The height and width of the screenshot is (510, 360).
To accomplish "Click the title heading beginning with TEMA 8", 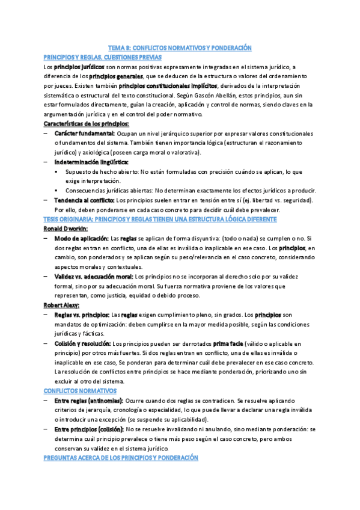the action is (x=179, y=48).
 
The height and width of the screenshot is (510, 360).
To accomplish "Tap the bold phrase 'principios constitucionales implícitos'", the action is (x=170, y=86).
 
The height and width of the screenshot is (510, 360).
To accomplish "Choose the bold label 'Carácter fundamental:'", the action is (x=84, y=133).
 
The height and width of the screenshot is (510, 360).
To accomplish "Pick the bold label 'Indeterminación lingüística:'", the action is (x=91, y=162).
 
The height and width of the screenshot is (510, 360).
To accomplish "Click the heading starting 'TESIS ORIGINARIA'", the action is (x=160, y=219).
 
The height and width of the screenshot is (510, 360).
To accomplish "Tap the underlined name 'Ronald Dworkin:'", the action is (x=66, y=229).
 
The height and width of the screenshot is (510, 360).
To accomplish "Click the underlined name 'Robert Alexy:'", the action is (x=63, y=305).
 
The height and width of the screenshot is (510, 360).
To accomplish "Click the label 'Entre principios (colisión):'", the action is (x=90, y=429).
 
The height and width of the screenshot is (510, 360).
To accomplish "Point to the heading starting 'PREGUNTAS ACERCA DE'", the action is (x=121, y=458).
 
